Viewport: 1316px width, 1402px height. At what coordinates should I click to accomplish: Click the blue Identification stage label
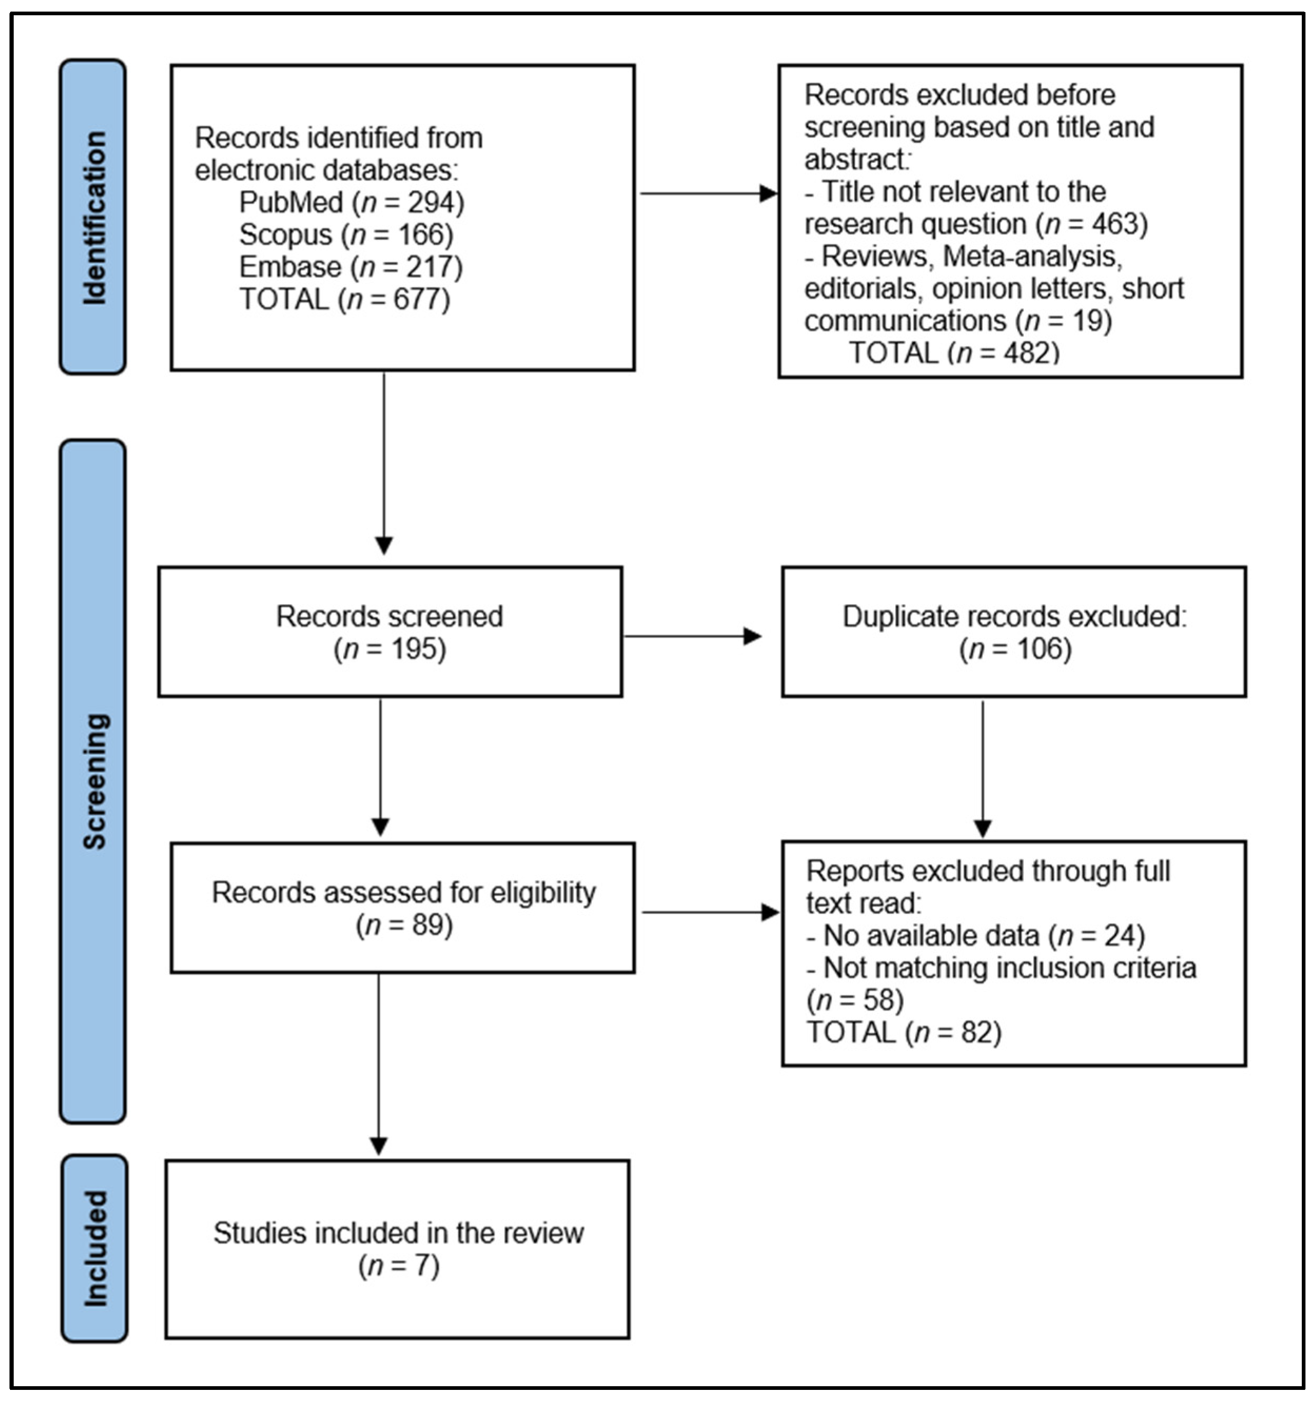tap(93, 216)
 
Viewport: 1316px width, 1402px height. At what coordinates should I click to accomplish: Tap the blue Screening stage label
tap(93, 782)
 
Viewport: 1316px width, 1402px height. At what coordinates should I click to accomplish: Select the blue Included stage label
tap(94, 1248)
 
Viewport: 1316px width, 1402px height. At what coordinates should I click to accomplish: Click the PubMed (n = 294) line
tap(351, 202)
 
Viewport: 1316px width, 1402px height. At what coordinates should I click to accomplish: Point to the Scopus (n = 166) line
tap(345, 235)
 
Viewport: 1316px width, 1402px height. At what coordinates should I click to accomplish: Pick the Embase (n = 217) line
tap(351, 267)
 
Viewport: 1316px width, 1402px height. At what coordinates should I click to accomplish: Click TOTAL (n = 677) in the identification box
tap(344, 300)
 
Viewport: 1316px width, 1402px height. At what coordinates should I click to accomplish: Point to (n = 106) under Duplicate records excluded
tap(1015, 649)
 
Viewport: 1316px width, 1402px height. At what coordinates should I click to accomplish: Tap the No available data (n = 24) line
tap(976, 936)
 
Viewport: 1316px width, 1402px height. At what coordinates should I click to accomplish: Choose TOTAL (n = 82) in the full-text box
tap(904, 1032)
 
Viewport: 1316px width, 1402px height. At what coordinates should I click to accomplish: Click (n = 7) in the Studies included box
tap(399, 1266)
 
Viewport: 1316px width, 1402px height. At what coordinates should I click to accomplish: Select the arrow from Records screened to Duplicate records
tap(692, 636)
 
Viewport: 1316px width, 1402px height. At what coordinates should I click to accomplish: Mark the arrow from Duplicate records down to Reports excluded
tap(983, 769)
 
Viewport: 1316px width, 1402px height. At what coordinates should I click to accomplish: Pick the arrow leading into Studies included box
tap(379, 1065)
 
